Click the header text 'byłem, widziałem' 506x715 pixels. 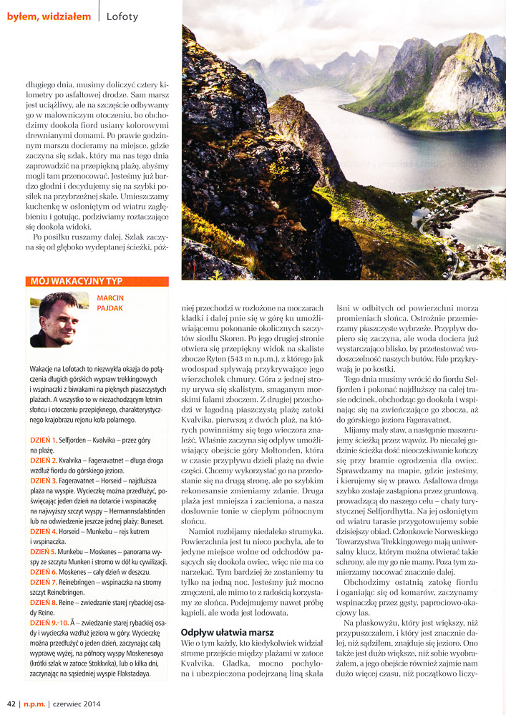(49, 16)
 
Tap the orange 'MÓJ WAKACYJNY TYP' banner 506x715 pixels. (97, 282)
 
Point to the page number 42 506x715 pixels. (11, 703)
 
